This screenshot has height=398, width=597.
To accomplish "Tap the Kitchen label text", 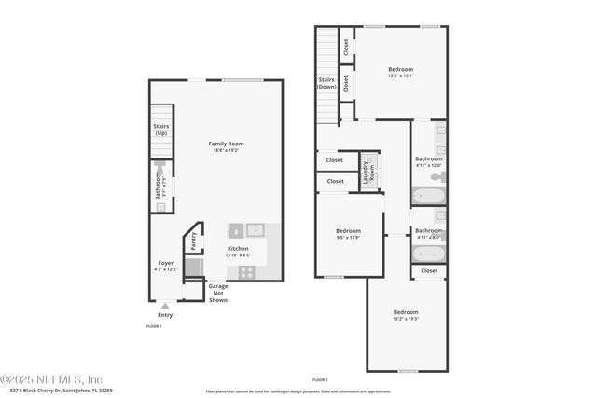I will coord(238,249).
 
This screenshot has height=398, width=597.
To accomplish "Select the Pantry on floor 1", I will coord(194,240).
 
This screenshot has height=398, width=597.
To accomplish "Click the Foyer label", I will coord(165,263).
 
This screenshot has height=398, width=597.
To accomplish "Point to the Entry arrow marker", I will coord(165,306).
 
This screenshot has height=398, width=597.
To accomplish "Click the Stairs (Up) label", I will coord(161,129).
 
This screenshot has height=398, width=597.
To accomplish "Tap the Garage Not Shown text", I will coord(218,293).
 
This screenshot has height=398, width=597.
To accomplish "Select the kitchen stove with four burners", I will coord(248,272).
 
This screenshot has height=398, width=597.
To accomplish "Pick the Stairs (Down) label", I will coord(326,85).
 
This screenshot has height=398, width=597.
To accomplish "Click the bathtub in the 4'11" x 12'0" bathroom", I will coord(428,197).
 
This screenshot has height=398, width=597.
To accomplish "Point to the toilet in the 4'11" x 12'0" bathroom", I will coord(439,175).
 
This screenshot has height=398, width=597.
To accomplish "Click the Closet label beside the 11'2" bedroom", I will coord(428,270).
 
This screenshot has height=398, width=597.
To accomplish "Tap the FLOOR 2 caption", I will coord(320,380).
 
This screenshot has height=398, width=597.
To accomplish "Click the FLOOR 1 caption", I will coord(155,326).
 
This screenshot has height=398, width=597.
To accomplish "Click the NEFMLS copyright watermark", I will coord(51,379).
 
